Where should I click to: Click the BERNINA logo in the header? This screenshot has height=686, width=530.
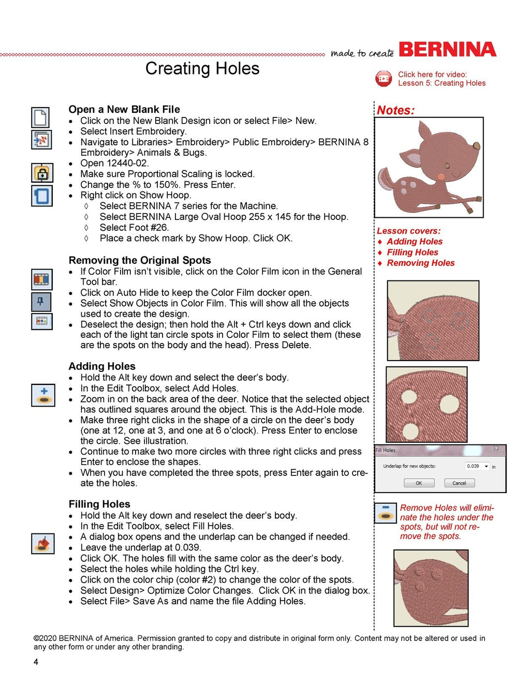coord(447,50)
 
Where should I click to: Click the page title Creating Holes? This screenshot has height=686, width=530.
coord(202,68)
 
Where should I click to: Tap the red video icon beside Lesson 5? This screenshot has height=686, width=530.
coord(384,79)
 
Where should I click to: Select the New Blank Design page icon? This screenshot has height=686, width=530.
coord(41,117)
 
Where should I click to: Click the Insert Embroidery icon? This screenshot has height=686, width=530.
coord(41,140)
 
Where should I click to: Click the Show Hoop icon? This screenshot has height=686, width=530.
coord(41,196)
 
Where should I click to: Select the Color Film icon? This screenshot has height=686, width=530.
coord(41,279)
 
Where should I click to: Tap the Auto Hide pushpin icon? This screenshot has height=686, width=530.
coord(41,301)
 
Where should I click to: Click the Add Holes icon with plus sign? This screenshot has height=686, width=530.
coord(43,395)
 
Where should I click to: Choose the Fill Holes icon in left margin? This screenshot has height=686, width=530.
coord(42,544)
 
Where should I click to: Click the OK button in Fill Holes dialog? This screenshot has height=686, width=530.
coord(418,483)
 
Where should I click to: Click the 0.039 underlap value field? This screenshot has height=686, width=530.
coord(473,466)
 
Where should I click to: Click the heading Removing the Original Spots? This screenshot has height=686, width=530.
coord(140,260)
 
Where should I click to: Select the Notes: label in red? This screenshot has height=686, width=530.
coord(395,110)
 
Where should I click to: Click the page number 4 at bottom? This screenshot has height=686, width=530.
coord(36,662)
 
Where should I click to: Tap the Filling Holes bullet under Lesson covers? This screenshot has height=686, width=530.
coord(412,252)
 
